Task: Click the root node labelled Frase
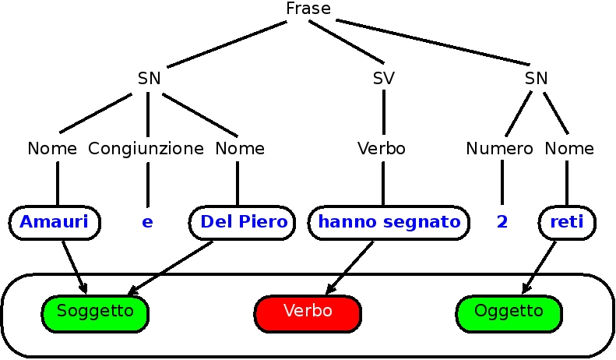point(308,9)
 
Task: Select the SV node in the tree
point(383,78)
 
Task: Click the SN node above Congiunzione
point(149,78)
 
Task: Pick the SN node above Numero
point(536,78)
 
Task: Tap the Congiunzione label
point(146,148)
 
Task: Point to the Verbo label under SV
point(382,148)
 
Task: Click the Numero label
point(500,148)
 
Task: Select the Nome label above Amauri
point(52,148)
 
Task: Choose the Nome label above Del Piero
point(240,148)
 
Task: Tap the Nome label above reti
point(569,148)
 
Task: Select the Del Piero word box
point(243,222)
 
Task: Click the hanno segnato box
point(389,222)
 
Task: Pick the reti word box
point(567,222)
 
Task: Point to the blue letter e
point(147,222)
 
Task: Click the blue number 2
point(502,222)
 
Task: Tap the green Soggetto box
point(95,312)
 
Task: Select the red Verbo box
point(308,312)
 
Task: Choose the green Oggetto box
point(509,312)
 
